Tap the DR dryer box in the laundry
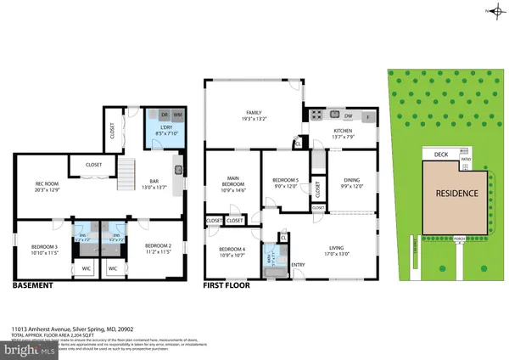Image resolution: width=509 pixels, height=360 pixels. [x=164, y=115]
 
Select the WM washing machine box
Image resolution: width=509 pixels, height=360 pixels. [x=178, y=115]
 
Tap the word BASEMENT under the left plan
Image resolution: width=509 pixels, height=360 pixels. [x=32, y=285]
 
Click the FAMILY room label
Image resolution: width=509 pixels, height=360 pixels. [x=254, y=113]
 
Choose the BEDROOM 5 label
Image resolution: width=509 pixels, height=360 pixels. [x=285, y=180]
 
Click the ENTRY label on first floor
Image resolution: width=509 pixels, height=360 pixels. [x=298, y=264]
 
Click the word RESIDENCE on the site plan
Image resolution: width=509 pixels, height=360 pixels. [x=456, y=193]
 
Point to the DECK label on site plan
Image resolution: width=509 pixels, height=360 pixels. [x=440, y=155]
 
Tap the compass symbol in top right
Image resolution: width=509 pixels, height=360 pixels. [x=492, y=11]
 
